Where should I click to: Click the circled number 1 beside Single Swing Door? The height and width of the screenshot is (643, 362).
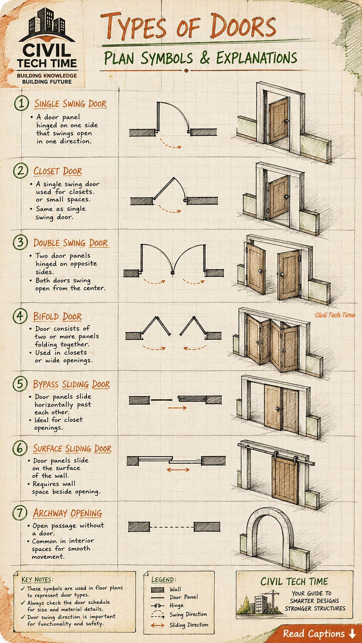[22, 103]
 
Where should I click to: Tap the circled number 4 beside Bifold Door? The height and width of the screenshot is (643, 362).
[20, 316]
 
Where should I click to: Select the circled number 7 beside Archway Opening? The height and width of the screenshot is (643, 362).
[20, 513]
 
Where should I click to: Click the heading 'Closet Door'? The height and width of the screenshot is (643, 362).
[58, 171]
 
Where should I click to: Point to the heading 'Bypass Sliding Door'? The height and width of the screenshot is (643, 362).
[71, 384]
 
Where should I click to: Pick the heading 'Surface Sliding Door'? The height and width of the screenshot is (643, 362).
[72, 448]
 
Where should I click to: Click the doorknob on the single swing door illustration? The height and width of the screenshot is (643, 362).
[286, 121]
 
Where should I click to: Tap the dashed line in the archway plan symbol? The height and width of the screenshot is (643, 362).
[172, 527]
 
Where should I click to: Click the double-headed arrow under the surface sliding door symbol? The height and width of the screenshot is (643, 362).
[178, 470]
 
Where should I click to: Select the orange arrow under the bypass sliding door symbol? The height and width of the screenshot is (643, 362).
[177, 407]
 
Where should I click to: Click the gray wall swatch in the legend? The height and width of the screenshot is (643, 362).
[158, 590]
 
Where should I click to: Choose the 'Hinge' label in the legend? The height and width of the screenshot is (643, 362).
[176, 605]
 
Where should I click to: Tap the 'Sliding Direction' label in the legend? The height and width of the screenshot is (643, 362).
[189, 625]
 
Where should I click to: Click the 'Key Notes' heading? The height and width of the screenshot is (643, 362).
[37, 579]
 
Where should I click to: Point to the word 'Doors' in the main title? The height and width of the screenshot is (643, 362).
[243, 26]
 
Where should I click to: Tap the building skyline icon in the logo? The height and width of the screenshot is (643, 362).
[47, 22]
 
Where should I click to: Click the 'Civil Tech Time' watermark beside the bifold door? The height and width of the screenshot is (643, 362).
[335, 315]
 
